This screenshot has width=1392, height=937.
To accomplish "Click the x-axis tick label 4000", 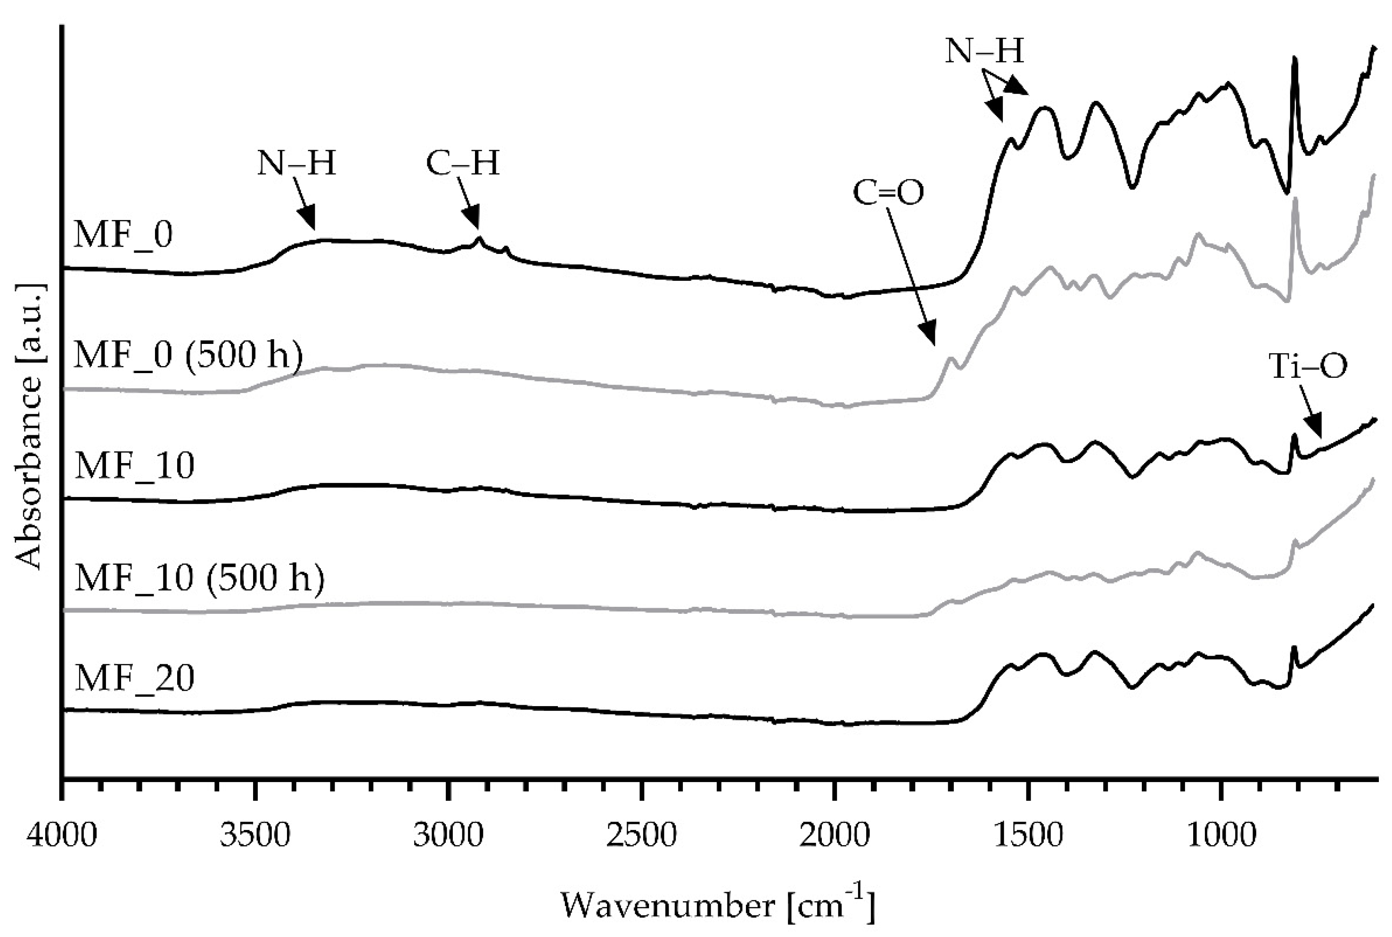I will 62,835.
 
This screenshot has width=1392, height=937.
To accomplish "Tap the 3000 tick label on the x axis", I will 448,835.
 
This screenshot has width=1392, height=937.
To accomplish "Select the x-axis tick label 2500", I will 641,835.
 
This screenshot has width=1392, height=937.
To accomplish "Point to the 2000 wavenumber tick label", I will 835,835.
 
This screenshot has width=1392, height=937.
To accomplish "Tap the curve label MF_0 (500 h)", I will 189,356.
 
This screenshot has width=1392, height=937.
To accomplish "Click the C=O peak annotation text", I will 888,193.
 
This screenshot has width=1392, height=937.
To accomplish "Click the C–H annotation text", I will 463,163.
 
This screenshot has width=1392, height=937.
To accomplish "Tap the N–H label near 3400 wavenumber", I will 297,163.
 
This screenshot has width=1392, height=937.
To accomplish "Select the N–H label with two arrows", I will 984,51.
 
